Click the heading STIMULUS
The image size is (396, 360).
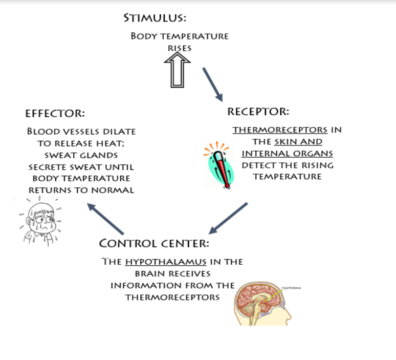155,18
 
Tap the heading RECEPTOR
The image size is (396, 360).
258,111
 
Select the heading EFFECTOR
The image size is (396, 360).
55,113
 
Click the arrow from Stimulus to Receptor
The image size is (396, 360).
212,84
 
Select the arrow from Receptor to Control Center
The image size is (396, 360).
228,218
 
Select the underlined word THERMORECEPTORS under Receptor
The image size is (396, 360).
280,130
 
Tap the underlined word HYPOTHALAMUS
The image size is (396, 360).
165,262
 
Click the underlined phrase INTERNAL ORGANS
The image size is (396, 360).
287,153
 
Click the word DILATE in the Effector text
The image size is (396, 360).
119,132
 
